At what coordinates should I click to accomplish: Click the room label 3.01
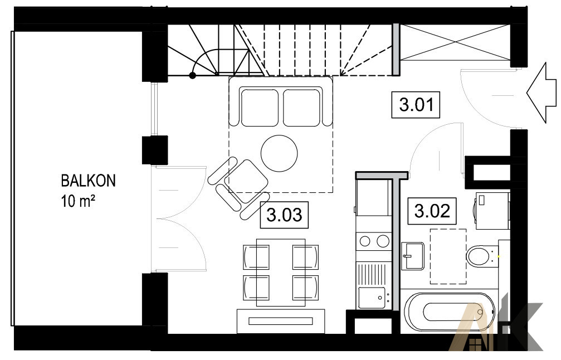(x=416, y=105)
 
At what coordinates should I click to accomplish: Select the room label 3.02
(x=432, y=211)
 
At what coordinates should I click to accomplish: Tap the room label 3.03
(x=285, y=215)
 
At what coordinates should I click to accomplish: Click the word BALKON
(x=89, y=181)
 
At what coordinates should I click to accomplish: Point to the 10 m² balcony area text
(x=79, y=202)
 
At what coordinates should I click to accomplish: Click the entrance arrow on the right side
(x=542, y=93)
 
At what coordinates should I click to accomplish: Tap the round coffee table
(x=279, y=153)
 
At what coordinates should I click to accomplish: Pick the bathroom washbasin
(x=412, y=255)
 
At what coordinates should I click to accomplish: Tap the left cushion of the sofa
(x=260, y=108)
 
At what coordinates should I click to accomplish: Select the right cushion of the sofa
(x=301, y=108)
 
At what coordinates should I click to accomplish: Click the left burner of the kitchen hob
(x=365, y=241)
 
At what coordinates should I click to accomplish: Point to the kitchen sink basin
(x=372, y=298)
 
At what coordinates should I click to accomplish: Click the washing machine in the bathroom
(x=492, y=211)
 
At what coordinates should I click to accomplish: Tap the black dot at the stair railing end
(x=193, y=75)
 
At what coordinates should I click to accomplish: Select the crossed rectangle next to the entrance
(x=455, y=42)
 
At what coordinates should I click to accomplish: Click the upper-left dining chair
(x=256, y=257)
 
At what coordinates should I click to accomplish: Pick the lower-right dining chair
(x=305, y=288)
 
